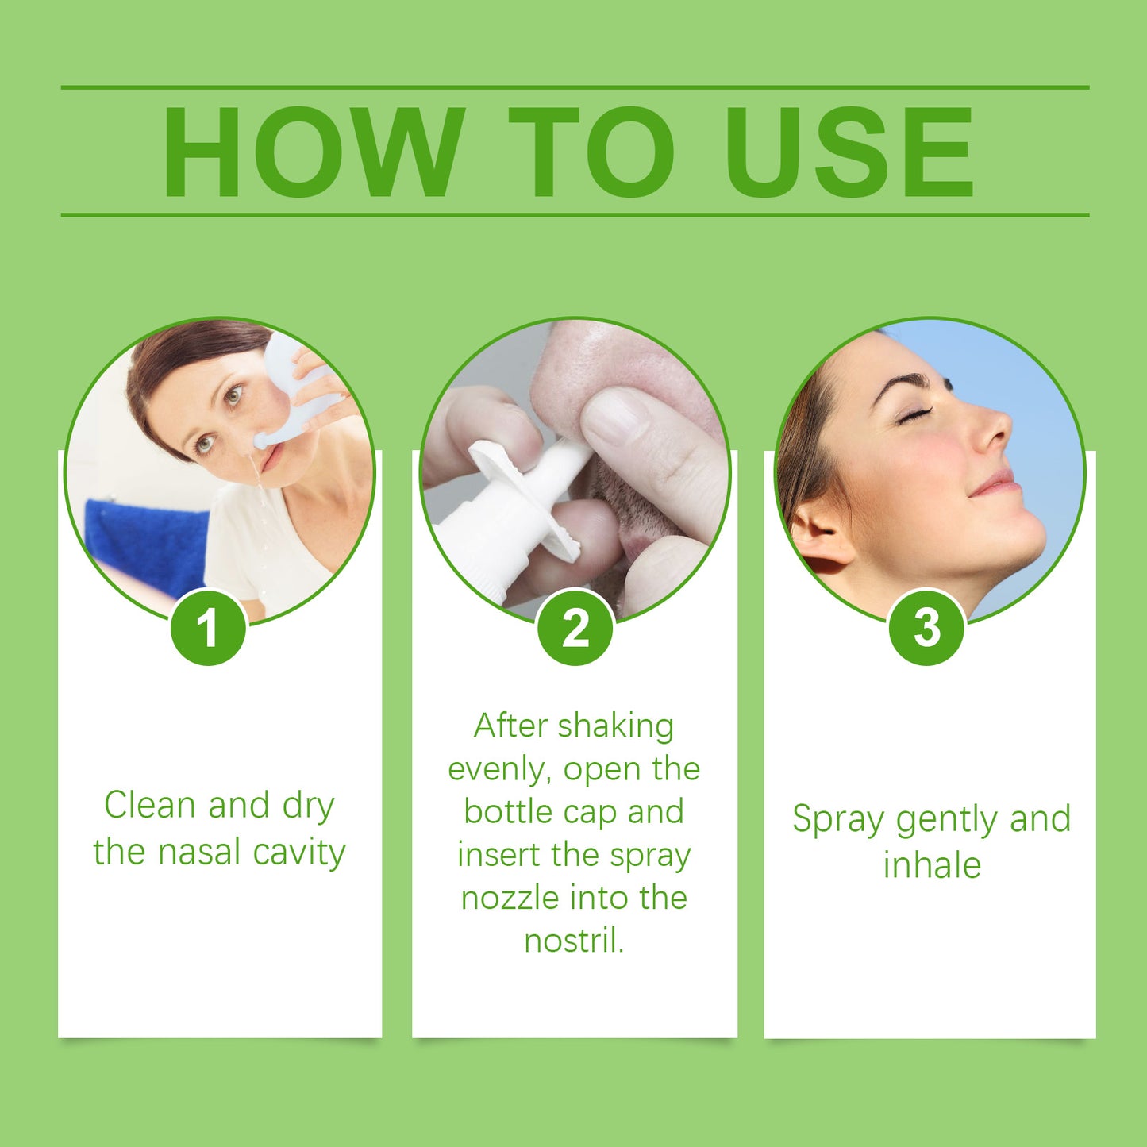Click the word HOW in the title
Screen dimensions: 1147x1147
pyautogui.click(x=313, y=152)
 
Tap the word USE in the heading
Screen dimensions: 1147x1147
pyautogui.click(x=849, y=152)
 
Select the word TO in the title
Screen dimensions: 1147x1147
pyautogui.click(x=591, y=152)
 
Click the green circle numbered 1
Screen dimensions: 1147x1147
pyautogui.click(x=209, y=628)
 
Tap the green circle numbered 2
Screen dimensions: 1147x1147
pyautogui.click(x=575, y=628)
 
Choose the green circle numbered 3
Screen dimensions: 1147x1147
pyautogui.click(x=926, y=628)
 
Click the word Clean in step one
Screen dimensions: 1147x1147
pyautogui.click(x=149, y=806)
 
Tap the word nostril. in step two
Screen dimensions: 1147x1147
pyautogui.click(x=574, y=941)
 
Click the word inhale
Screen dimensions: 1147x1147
pyautogui.click(x=932, y=865)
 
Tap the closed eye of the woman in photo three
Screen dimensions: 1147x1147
pyautogui.click(x=914, y=415)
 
